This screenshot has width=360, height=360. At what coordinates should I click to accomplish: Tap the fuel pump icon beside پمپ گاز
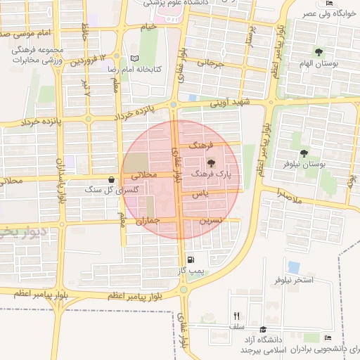click(x=189, y=260)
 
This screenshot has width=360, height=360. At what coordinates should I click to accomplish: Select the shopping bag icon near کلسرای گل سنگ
click(x=112, y=180)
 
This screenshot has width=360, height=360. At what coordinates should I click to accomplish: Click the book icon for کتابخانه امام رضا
click(x=134, y=59)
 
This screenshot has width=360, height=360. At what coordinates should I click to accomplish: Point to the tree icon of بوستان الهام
click(x=319, y=51)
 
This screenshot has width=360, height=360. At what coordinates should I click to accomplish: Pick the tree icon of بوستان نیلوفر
click(x=304, y=153)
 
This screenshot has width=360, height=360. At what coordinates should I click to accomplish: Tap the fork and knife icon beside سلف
click(x=237, y=316)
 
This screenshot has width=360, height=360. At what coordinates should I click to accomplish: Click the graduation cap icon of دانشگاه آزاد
click(x=263, y=329)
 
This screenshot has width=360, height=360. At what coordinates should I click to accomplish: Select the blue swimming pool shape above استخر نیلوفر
click(x=293, y=267)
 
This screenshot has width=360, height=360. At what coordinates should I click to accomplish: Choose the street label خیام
click(x=148, y=27)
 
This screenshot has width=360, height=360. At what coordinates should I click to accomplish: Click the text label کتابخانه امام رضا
click(x=157, y=70)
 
